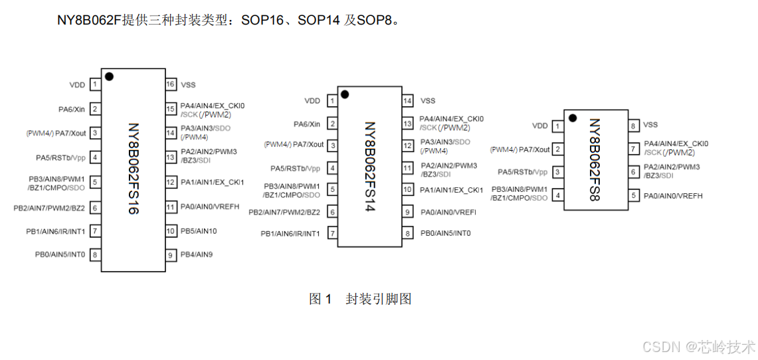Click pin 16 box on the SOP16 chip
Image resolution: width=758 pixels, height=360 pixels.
point(171,84)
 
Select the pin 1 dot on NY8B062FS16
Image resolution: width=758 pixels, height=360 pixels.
point(109,76)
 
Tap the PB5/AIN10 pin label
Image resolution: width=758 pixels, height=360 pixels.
point(199,231)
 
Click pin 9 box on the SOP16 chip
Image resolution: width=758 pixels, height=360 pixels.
point(171,255)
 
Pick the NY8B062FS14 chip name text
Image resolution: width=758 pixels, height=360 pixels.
point(369,166)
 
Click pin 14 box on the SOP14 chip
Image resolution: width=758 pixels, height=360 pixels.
point(408,100)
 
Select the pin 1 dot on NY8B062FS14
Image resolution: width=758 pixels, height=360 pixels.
point(345,94)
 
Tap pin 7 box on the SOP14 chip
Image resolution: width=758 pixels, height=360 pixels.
point(332,234)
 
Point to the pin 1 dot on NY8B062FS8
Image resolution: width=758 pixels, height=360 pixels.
point(572,119)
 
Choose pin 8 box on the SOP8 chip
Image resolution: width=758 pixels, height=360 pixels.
point(634,125)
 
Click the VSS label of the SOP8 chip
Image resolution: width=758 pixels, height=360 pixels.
point(651,125)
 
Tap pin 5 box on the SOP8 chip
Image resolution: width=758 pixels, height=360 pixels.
point(634,196)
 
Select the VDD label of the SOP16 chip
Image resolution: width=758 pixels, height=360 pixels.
point(77,85)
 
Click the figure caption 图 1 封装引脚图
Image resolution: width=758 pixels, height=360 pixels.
point(360,299)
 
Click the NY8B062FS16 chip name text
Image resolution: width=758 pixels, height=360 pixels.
point(133,169)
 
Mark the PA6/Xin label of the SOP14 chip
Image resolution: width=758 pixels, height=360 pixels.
point(307,124)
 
